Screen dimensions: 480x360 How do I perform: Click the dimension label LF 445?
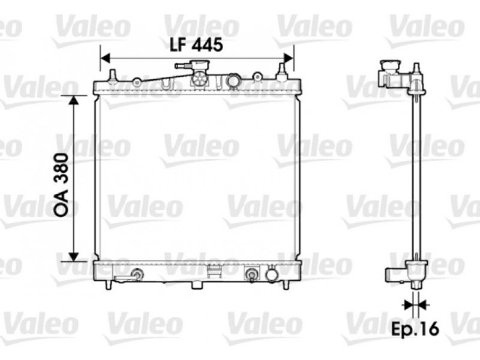pyautogui.click(x=196, y=46)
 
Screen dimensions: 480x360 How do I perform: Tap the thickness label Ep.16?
pyautogui.click(x=415, y=328)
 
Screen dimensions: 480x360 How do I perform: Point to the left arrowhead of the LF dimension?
pyautogui.click(x=105, y=58)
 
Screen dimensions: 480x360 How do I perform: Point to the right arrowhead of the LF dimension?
pyautogui.click(x=289, y=58)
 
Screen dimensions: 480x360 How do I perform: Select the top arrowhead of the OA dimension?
pyautogui.click(x=73, y=100)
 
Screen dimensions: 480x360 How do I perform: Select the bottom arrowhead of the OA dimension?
pyautogui.click(x=73, y=257)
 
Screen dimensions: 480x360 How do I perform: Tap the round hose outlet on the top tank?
pyautogui.click(x=233, y=81)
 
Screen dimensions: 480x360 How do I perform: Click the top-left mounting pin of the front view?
pyautogui.click(x=113, y=76)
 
